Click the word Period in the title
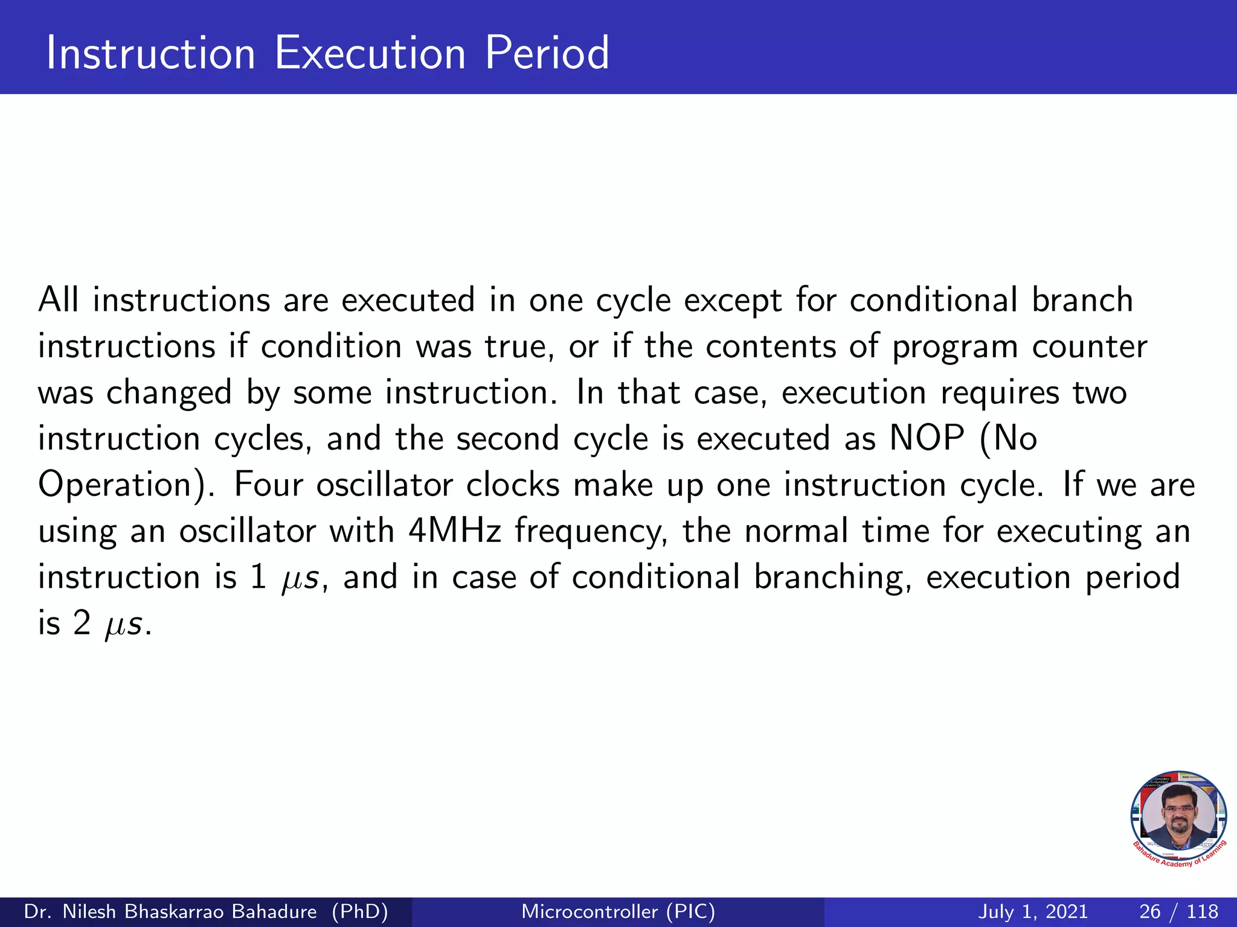pos(547,54)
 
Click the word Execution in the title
pos(370,54)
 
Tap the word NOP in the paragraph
pos(927,439)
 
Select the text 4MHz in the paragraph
pos(455,531)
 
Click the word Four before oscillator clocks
pos(268,485)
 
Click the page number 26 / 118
pos(1178,911)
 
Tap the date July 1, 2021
pos(1032,911)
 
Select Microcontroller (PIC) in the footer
pos(618,911)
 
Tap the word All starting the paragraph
pos(58,300)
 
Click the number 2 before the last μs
pos(82,623)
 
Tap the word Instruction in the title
pos(151,54)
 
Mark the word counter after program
pos(1089,347)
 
